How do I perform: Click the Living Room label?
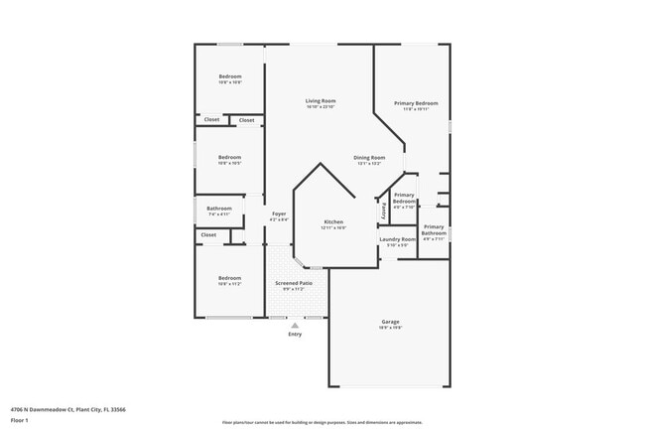point(320,101)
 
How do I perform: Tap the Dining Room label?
point(369,158)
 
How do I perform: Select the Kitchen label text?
point(333,221)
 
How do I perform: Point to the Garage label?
point(391,322)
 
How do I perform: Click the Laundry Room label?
point(397,239)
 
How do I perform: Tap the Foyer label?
point(279,214)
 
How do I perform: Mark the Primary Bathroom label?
point(434,230)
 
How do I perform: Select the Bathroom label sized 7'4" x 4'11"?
point(218,209)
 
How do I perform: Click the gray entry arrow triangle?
point(294,325)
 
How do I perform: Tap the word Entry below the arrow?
point(294,335)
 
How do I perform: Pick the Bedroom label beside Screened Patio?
point(229,278)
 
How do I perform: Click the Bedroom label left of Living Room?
point(229,157)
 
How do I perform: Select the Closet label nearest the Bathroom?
point(208,235)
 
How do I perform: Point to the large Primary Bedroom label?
point(416,103)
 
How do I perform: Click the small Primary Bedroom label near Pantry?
point(404,198)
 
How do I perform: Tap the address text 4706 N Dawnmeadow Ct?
point(61,409)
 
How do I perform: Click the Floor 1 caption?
point(21,420)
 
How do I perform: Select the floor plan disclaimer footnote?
point(322,422)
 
